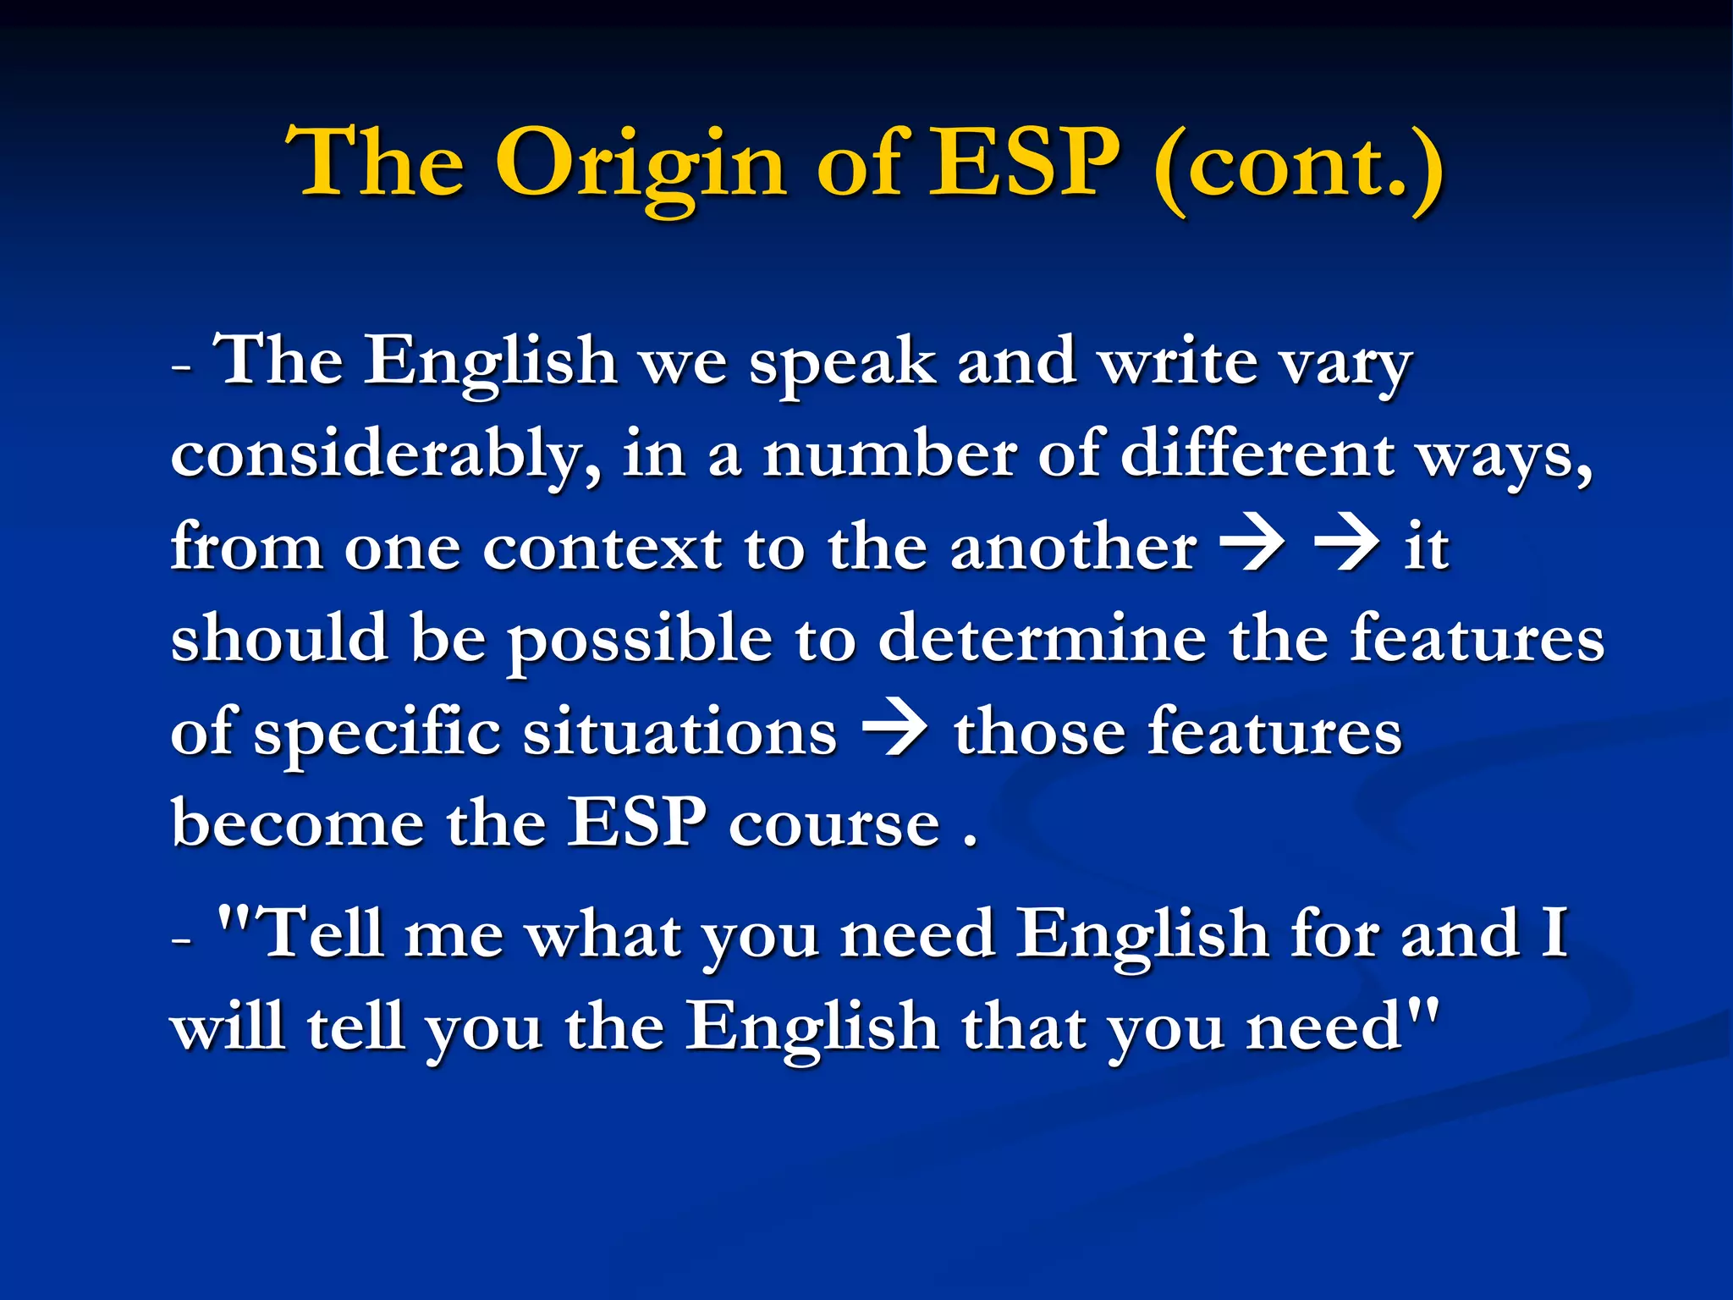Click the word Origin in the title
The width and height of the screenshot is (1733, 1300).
pyautogui.click(x=641, y=165)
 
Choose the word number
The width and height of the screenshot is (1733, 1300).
pyautogui.click(x=889, y=455)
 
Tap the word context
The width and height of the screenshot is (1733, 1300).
pyautogui.click(x=602, y=548)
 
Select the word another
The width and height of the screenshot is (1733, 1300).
pyautogui.click(x=1074, y=548)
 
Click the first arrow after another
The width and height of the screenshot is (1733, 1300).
pyautogui.click(x=1253, y=547)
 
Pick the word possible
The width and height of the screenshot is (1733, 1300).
pyautogui.click(x=640, y=642)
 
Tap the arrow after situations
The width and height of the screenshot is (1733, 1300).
pyautogui.click(x=894, y=731)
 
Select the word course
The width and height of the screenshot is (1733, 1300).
pyautogui.click(x=834, y=825)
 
